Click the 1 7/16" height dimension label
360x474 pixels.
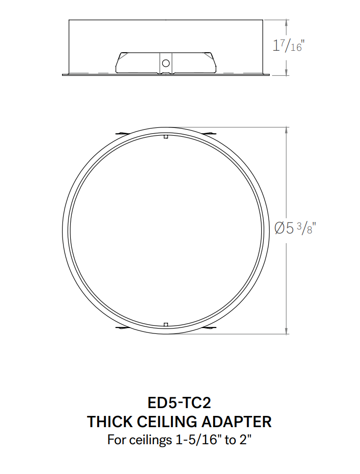coord(288,46)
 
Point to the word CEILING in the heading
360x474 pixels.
coord(170,422)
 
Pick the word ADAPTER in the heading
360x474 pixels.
coord(236,422)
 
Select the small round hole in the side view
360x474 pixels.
coord(166,63)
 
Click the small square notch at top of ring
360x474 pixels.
coord(166,137)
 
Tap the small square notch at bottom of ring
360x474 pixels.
coord(166,325)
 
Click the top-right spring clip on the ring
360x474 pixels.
coord(209,133)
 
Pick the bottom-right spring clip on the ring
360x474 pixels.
coord(209,329)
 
